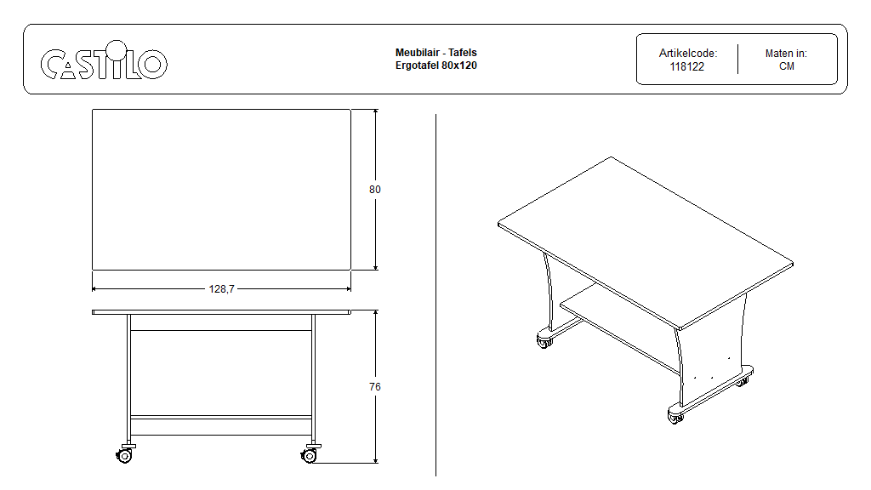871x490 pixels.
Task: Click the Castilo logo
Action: tap(104, 60)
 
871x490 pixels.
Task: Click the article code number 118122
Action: tap(687, 66)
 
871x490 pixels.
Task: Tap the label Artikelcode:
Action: tap(687, 54)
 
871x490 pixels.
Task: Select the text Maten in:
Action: tap(786, 54)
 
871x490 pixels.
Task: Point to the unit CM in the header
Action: tap(787, 66)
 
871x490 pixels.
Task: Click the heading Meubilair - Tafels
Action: tap(436, 52)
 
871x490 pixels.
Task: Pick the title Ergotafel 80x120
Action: tap(436, 65)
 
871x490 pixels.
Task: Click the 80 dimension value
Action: tap(375, 190)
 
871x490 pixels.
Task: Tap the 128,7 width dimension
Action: tap(222, 289)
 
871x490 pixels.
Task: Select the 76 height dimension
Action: tap(375, 387)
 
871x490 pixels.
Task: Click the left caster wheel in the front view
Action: tap(124, 455)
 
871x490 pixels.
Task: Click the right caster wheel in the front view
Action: tap(310, 455)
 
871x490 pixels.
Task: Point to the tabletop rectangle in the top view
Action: tap(222, 190)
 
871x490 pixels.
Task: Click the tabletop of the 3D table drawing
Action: tap(646, 242)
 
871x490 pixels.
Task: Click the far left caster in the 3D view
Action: tap(544, 340)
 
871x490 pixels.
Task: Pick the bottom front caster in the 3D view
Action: tap(676, 417)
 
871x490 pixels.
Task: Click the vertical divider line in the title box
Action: tap(737, 59)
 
